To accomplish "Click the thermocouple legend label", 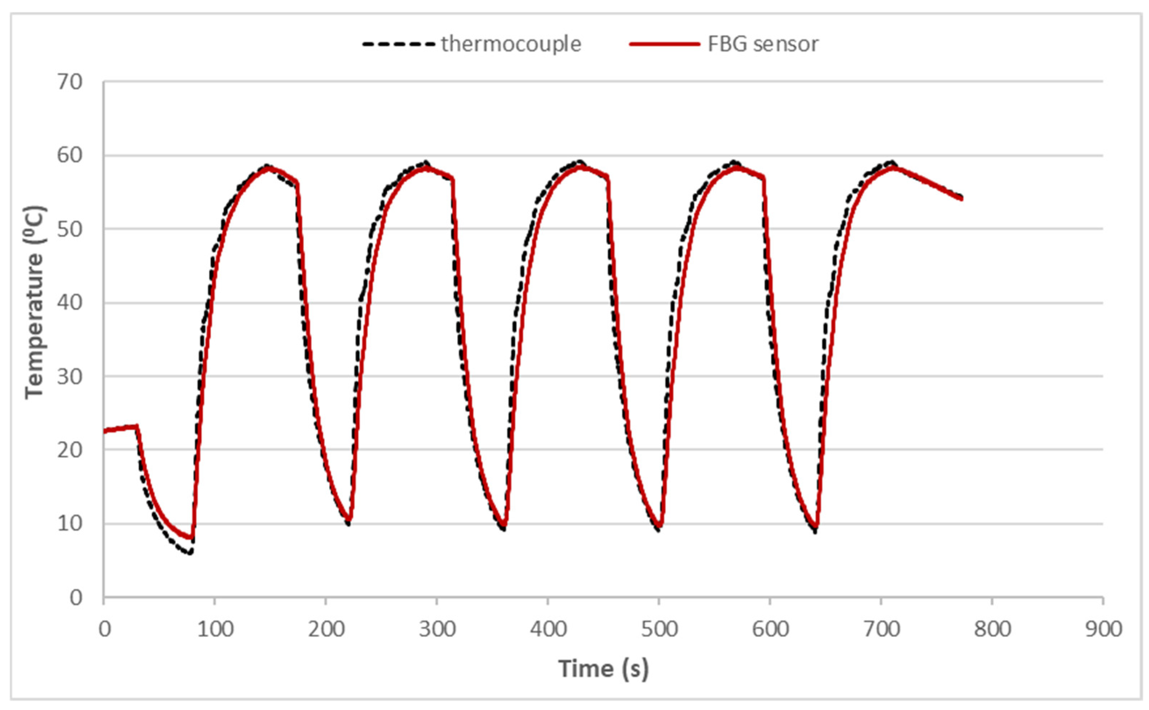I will pyautogui.click(x=511, y=44).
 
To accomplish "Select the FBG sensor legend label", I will pyautogui.click(x=763, y=44).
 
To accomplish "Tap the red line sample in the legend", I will pyautogui.click(x=664, y=44).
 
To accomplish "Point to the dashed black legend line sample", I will pyautogui.click(x=398, y=44).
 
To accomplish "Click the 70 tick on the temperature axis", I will pyautogui.click(x=69, y=82).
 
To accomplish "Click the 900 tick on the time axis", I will pyautogui.click(x=1103, y=629).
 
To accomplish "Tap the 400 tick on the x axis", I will pyautogui.click(x=548, y=629).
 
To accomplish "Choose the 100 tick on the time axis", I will pyautogui.click(x=215, y=629).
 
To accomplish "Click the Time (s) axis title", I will pyautogui.click(x=603, y=668).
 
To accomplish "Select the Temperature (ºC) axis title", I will pyautogui.click(x=35, y=303).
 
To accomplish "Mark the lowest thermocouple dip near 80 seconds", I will pyautogui.click(x=190, y=553).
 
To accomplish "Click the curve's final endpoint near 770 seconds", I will pyautogui.click(x=962, y=198).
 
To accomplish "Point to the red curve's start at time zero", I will pyautogui.click(x=104, y=431).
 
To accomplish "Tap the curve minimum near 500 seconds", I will pyautogui.click(x=659, y=530).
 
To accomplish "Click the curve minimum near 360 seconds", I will pyautogui.click(x=503, y=529).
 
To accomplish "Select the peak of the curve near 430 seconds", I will pyautogui.click(x=580, y=163).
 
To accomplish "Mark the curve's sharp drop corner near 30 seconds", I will pyautogui.click(x=137, y=426).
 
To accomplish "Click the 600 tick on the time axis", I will pyautogui.click(x=770, y=629).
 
